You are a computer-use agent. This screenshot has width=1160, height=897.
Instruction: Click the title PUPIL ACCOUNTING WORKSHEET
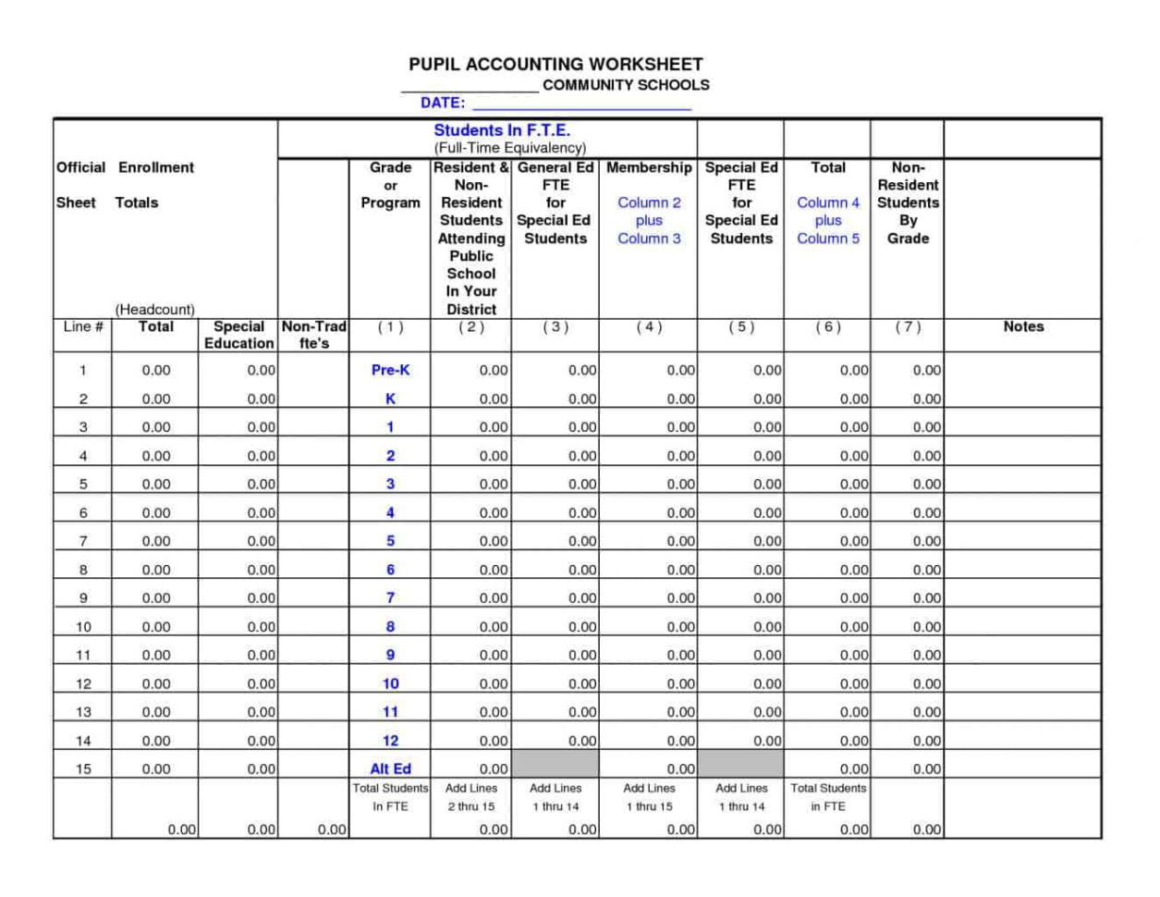[x=556, y=64]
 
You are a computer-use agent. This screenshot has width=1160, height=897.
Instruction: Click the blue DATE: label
[x=443, y=103]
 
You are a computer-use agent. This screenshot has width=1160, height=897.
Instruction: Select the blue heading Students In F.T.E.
[x=502, y=130]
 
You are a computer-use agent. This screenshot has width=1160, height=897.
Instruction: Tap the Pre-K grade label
[x=390, y=370]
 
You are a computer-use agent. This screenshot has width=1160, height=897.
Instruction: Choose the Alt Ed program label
[x=390, y=768]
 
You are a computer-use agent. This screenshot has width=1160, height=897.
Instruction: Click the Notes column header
[x=1023, y=326]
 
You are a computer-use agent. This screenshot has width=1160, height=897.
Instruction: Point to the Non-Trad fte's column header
[x=313, y=335]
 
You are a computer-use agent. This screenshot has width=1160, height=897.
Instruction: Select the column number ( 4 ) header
[x=649, y=326]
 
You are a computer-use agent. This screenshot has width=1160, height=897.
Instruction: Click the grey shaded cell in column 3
[x=555, y=764]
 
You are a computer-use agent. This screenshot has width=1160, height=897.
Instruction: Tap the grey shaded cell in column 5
[x=741, y=764]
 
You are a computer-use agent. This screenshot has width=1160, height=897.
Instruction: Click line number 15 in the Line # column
[x=83, y=768]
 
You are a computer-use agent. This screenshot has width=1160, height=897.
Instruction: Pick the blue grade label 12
[x=390, y=740]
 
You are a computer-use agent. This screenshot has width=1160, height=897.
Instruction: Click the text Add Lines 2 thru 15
[x=470, y=797]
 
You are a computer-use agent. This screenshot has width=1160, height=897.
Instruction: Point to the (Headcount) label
[x=154, y=309]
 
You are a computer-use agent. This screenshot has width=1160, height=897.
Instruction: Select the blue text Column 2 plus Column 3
[x=649, y=220]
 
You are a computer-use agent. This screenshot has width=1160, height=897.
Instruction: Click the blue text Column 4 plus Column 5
[x=827, y=220]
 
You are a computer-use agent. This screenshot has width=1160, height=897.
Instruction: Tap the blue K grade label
[x=390, y=399]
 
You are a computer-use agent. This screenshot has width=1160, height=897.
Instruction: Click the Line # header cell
[x=83, y=326]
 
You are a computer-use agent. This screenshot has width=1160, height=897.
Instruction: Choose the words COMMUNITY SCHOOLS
[x=626, y=85]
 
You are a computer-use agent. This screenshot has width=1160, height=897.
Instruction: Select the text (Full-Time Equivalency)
[x=510, y=148]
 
